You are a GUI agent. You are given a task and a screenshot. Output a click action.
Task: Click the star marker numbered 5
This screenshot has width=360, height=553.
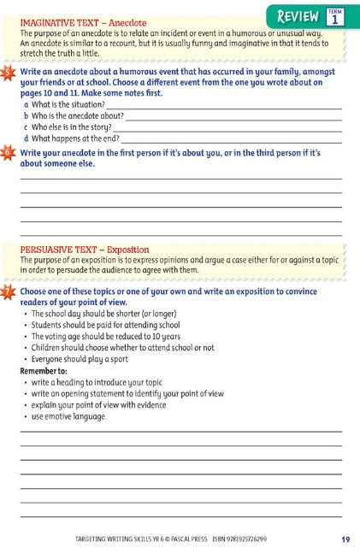click(x=8, y=74)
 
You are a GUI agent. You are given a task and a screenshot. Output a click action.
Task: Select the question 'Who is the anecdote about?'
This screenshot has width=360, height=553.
click(x=78, y=115)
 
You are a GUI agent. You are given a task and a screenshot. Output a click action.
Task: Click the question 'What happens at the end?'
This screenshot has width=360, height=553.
click(x=75, y=138)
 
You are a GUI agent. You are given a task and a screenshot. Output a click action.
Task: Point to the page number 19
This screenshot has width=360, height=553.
click(x=345, y=538)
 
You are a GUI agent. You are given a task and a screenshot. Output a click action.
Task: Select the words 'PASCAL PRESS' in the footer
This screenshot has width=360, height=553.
click(x=175, y=539)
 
